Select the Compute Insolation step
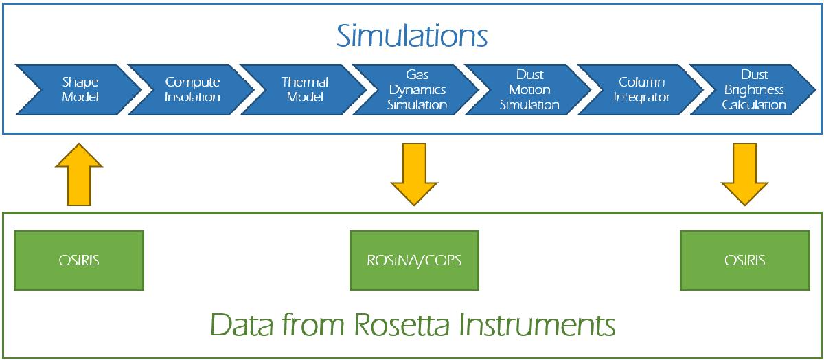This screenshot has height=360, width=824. pyautogui.click(x=193, y=89)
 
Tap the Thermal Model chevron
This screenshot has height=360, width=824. pyautogui.click(x=305, y=89)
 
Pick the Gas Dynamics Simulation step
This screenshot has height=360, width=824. pyautogui.click(x=417, y=89)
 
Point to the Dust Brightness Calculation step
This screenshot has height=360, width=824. pyautogui.click(x=754, y=89)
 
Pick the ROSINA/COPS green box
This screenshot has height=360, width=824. pyautogui.click(x=414, y=260)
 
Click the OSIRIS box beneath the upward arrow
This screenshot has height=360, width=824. pyautogui.click(x=79, y=260)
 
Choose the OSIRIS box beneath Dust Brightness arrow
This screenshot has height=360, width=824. pyautogui.click(x=745, y=260)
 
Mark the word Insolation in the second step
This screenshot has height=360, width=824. pyautogui.click(x=193, y=97)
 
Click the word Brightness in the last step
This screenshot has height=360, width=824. pyautogui.click(x=754, y=90)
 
